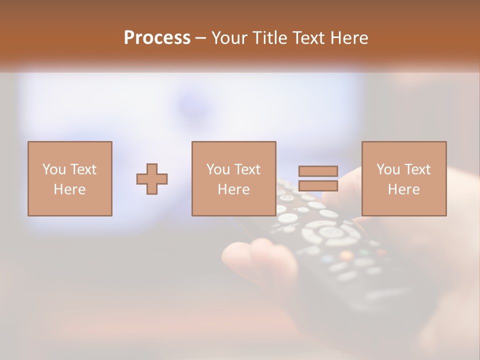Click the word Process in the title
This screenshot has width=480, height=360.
(x=157, y=38)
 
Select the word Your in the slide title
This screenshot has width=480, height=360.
(x=229, y=38)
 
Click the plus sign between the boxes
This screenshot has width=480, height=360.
(x=152, y=179)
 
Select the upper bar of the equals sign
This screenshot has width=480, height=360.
(x=318, y=171)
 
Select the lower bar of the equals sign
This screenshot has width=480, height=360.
(x=318, y=186)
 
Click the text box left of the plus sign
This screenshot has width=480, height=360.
(x=70, y=179)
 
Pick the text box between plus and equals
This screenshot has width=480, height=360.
(x=234, y=179)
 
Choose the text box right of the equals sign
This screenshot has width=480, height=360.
(x=404, y=179)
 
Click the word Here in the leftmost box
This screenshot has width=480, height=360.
(x=70, y=189)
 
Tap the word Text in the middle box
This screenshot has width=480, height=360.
(x=247, y=169)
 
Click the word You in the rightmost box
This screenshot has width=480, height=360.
(x=388, y=169)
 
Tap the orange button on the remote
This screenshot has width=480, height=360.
(x=346, y=255)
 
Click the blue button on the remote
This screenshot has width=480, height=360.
(x=327, y=259)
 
